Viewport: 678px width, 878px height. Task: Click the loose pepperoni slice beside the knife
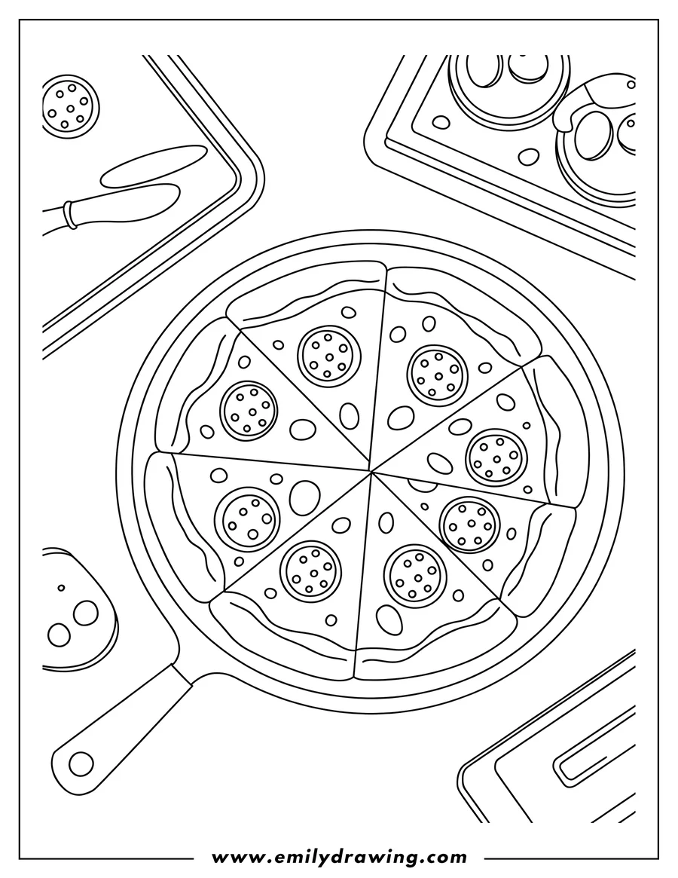pos(70,106)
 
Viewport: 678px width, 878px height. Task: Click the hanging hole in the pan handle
pos(81,763)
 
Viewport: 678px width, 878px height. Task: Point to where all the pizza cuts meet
pos(371,472)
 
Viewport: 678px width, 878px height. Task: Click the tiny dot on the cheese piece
pos(62,588)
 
